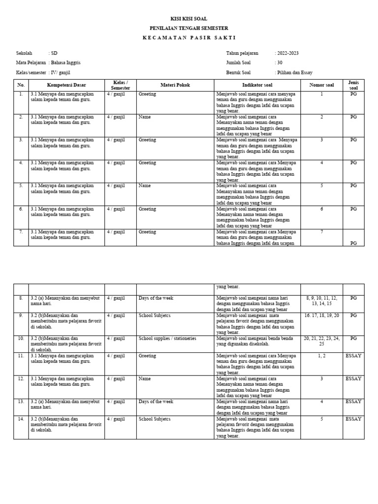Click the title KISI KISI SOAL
click(x=189, y=19)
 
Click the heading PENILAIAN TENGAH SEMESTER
click(x=189, y=28)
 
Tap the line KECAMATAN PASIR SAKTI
click(x=189, y=38)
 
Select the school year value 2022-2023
click(x=288, y=53)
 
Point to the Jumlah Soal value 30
click(x=279, y=63)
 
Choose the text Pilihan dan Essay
click(x=295, y=73)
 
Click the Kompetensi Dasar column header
click(x=66, y=85)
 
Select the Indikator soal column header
click(x=257, y=85)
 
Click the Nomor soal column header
click(x=321, y=85)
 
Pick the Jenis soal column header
click(x=353, y=85)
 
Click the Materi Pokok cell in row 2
click(x=145, y=117)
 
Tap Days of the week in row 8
click(x=156, y=298)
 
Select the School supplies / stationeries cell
click(x=167, y=339)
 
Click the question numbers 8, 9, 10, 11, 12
click(x=321, y=298)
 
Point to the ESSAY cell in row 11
click(x=353, y=355)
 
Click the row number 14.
click(x=21, y=419)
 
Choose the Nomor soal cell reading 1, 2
click(x=321, y=355)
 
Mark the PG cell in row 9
click(x=353, y=315)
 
